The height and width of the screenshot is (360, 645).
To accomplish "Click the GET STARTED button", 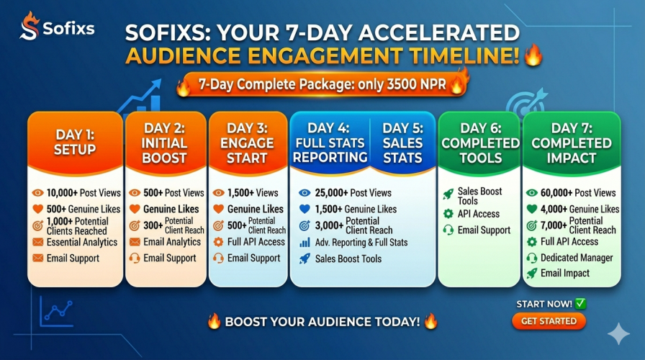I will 549,321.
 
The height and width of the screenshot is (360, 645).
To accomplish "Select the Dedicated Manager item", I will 577,258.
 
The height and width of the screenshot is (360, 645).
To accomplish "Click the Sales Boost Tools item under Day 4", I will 348,258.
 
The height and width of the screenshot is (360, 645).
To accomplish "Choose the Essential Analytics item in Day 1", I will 81,243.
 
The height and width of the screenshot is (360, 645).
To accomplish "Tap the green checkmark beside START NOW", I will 580,304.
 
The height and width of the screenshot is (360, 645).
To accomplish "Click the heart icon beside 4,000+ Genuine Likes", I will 532,210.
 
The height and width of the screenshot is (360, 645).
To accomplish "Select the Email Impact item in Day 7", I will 565,274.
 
